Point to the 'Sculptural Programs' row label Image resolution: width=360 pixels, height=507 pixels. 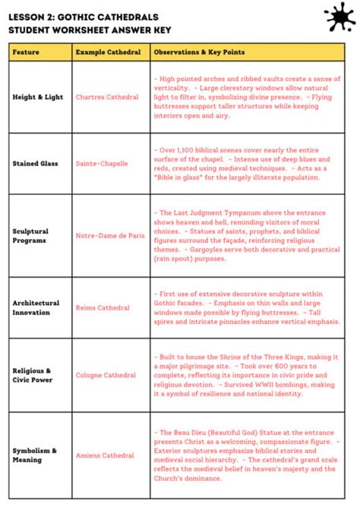30,235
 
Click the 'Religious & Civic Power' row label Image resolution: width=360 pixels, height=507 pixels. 33,375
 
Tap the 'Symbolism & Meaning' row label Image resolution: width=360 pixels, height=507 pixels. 34,455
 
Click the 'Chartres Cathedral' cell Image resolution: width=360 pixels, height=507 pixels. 107,97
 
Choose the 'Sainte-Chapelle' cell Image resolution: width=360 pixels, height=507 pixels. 102,163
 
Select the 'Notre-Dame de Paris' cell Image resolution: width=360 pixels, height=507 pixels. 110,235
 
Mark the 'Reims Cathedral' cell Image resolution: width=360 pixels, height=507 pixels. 103,307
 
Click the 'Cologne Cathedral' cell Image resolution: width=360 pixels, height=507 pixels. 106,375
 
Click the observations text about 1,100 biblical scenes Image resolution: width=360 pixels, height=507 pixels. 245,163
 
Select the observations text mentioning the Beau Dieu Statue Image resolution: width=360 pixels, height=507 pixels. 245,455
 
